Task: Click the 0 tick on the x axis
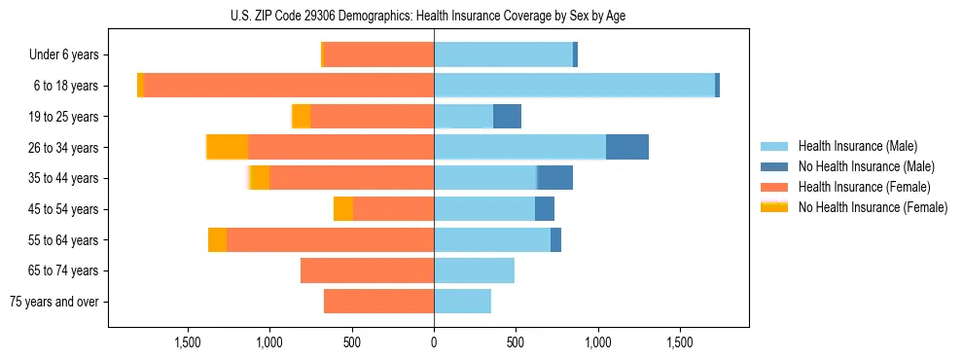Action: pyautogui.click(x=434, y=342)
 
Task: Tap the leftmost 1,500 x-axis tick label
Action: pyautogui.click(x=188, y=342)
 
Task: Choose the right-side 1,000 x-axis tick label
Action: pyautogui.click(x=597, y=342)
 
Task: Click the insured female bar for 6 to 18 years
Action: pyautogui.click(x=289, y=86)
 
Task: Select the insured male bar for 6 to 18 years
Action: pyautogui.click(x=574, y=86)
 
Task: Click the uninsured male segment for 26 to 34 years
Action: pyautogui.click(x=627, y=147)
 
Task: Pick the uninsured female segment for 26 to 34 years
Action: pyautogui.click(x=228, y=147)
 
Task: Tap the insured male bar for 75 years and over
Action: pyautogui.click(x=462, y=302)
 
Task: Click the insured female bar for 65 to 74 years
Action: pyautogui.click(x=367, y=270)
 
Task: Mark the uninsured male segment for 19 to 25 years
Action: pyautogui.click(x=507, y=117)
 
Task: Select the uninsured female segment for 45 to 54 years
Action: pyautogui.click(x=343, y=209)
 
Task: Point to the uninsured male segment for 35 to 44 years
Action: pyautogui.click(x=554, y=178)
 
